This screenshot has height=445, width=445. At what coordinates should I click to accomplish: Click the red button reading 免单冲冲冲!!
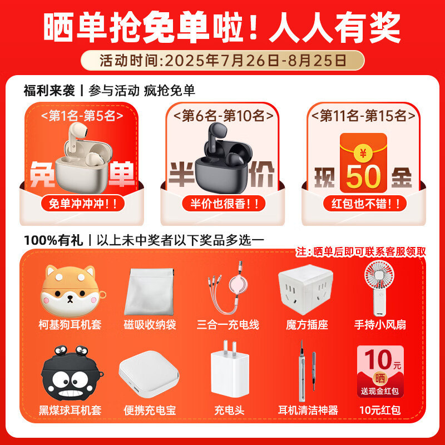click(x=83, y=204)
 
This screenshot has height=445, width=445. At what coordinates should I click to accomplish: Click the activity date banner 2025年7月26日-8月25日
click(x=222, y=60)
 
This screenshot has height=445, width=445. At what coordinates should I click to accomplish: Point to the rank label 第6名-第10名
click(x=223, y=116)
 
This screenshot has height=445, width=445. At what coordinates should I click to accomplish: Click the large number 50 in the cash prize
click(x=362, y=176)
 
